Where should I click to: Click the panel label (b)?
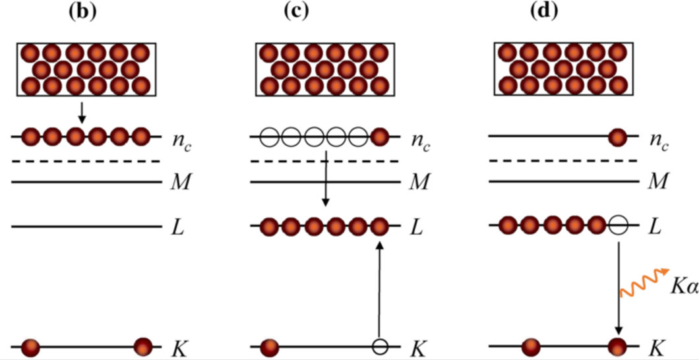point(86,12)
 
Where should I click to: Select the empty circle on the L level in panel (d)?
point(617,227)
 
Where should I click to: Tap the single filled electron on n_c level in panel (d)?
point(617,138)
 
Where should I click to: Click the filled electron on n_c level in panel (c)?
point(379,138)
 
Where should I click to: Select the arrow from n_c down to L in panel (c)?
point(325,177)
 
